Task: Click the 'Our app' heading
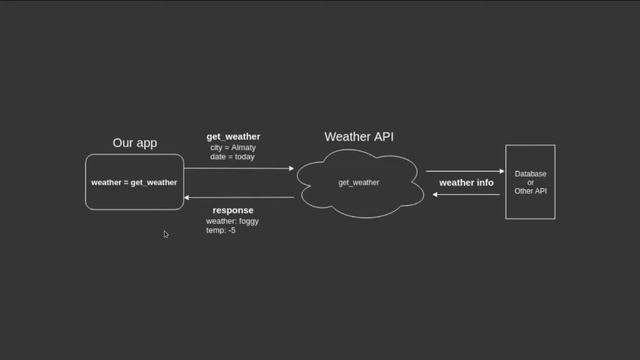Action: (x=135, y=143)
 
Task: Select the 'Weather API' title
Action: (x=359, y=136)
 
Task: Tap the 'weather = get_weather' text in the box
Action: (x=134, y=183)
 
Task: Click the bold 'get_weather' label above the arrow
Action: (x=233, y=136)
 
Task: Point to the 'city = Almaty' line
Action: (x=233, y=147)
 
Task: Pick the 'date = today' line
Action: (x=233, y=157)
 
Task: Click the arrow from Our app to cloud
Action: (x=240, y=169)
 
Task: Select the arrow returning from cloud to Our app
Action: (x=240, y=198)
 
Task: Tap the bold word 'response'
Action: (x=233, y=211)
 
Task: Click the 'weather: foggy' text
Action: (x=232, y=221)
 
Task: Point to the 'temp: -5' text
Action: (x=220, y=231)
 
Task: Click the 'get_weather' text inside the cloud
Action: (x=358, y=183)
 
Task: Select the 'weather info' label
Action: (x=466, y=183)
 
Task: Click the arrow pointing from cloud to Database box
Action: (x=464, y=172)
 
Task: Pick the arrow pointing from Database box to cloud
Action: (x=464, y=194)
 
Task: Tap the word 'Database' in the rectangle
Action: (x=530, y=174)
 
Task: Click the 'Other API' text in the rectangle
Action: (x=530, y=191)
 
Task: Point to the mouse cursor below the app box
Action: (x=166, y=234)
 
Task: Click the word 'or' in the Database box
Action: (x=530, y=182)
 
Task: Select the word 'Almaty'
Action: (x=242, y=147)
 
